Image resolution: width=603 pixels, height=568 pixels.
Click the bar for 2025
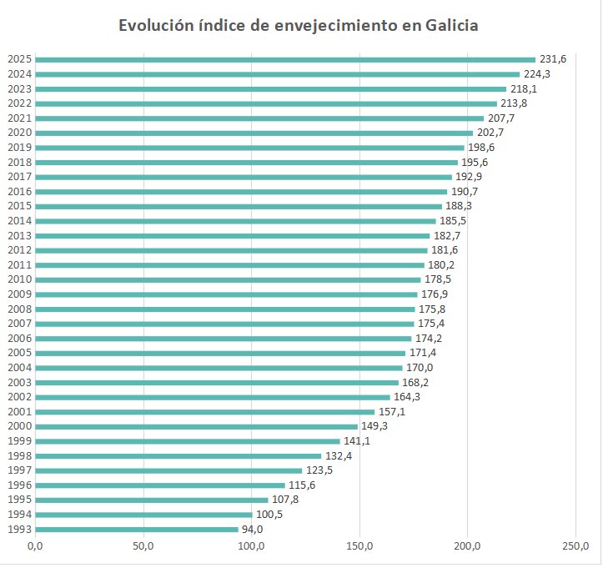click(x=284, y=59)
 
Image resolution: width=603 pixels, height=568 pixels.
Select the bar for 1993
click(x=137, y=529)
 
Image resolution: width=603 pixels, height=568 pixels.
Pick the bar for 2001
click(x=204, y=412)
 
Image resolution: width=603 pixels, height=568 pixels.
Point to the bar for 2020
click(x=254, y=133)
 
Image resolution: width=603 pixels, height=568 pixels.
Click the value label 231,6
click(x=553, y=59)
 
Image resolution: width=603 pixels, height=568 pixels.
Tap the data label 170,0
click(x=420, y=368)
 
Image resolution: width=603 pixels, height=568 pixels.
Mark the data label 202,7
click(x=490, y=133)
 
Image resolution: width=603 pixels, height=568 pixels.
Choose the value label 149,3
click(x=374, y=426)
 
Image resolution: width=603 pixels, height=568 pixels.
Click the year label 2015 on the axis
click(x=19, y=206)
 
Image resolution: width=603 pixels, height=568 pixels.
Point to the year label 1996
click(x=19, y=485)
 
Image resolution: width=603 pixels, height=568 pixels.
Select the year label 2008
click(x=19, y=309)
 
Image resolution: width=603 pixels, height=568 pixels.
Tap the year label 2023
click(x=19, y=88)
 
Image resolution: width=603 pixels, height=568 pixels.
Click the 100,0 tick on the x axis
click(x=251, y=547)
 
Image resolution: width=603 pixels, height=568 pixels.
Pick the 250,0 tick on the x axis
click(x=575, y=547)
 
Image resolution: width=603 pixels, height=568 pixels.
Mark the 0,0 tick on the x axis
click(x=35, y=547)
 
